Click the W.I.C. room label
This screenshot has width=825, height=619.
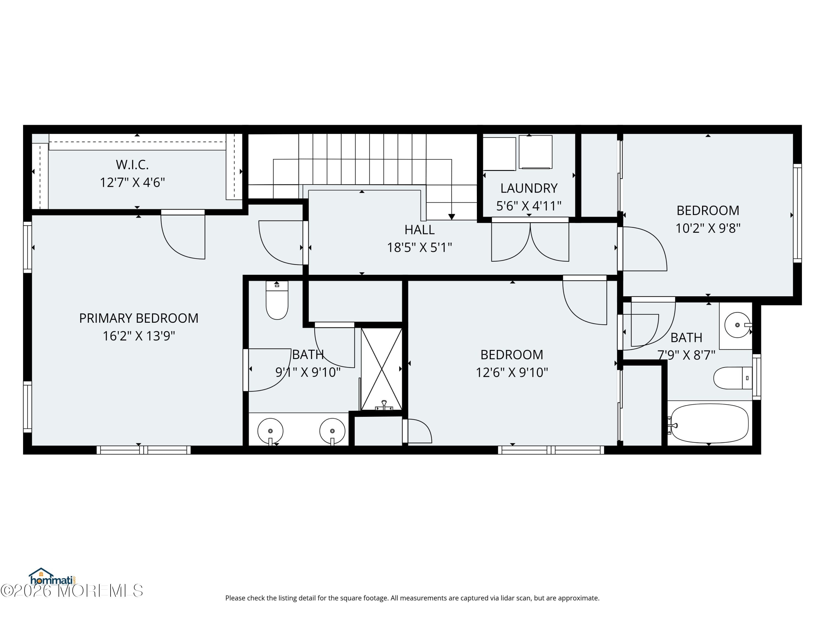[x=132, y=165]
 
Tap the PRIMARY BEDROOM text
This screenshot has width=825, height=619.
[x=139, y=318]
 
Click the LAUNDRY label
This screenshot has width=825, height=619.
[x=529, y=188]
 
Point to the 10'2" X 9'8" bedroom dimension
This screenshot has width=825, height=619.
[x=708, y=228]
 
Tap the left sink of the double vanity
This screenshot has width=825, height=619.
[x=270, y=431]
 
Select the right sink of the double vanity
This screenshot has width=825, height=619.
[x=332, y=431]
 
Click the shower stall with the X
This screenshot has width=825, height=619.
[x=381, y=369]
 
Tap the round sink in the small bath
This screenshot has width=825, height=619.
[x=737, y=325]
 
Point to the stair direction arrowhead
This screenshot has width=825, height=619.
[x=451, y=217]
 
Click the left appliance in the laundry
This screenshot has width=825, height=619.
[x=499, y=154]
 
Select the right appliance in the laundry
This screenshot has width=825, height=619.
[x=535, y=152]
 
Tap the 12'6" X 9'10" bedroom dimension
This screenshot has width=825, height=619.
[x=512, y=373]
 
